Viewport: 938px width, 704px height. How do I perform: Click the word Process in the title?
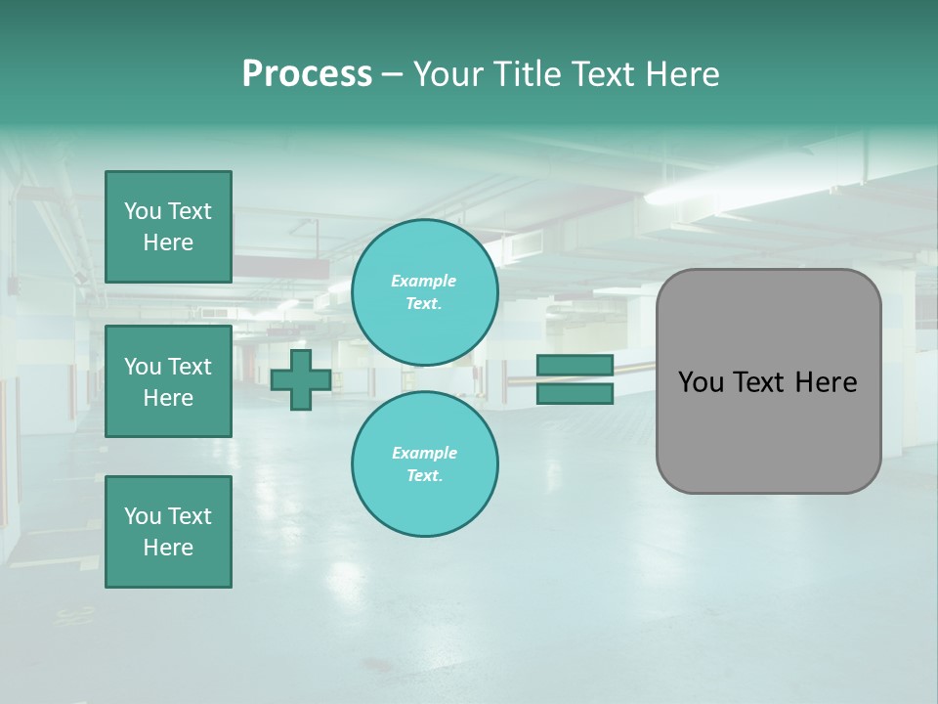tap(307, 74)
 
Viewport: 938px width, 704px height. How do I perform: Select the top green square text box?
tap(168, 227)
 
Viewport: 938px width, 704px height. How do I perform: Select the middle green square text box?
tap(168, 381)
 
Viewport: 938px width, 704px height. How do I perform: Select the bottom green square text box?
tap(168, 532)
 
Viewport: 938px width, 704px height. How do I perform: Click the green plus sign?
tap(300, 380)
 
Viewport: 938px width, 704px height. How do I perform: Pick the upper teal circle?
tap(425, 292)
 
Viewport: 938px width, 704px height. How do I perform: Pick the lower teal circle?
tap(425, 464)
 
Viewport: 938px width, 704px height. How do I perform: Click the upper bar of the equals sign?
tap(575, 365)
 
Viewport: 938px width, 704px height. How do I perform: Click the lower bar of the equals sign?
tap(575, 394)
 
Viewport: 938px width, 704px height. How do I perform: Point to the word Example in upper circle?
tap(424, 281)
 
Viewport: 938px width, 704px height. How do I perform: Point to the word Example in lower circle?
tap(424, 453)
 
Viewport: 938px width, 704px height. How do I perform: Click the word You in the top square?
tap(142, 211)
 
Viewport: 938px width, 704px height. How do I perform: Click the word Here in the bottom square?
tap(168, 548)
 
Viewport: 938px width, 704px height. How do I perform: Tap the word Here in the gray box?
tap(826, 382)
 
